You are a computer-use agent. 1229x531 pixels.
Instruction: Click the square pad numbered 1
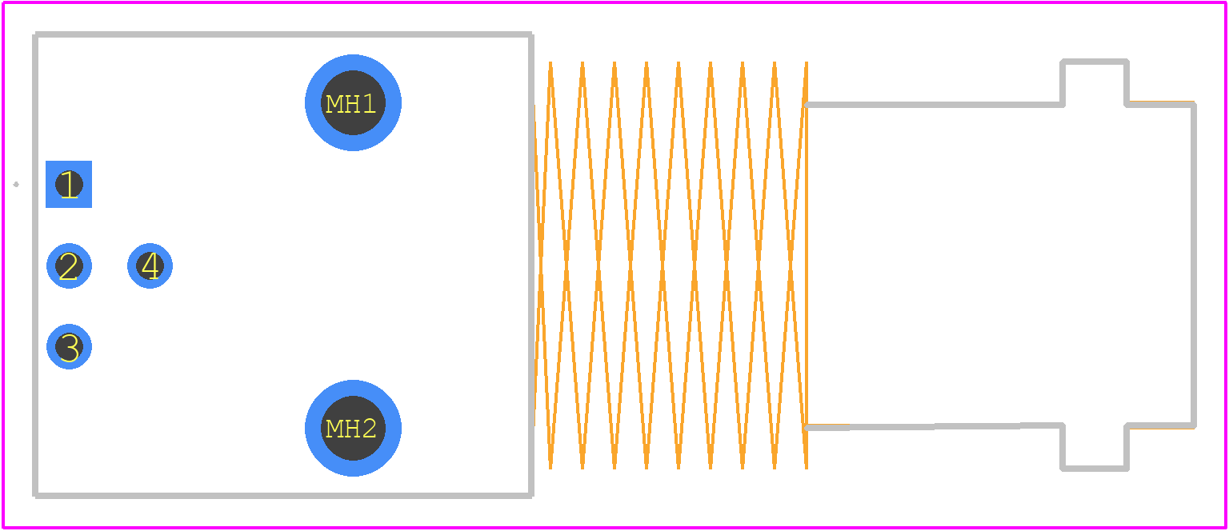click(x=69, y=184)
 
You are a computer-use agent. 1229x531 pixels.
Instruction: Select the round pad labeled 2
click(x=69, y=266)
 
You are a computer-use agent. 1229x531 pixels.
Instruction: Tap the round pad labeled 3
click(x=69, y=347)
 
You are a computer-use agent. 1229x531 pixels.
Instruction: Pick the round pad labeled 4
click(x=150, y=266)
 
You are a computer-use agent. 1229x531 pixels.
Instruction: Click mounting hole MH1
click(x=354, y=102)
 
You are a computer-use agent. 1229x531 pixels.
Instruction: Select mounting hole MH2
click(x=354, y=428)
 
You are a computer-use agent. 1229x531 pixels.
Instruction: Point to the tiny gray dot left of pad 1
click(x=16, y=184)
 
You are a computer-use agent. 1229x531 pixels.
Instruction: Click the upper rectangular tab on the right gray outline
click(x=1095, y=62)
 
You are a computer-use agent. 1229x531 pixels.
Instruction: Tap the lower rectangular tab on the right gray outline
click(x=1095, y=469)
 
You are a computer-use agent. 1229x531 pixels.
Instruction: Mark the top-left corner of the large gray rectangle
click(x=35, y=34)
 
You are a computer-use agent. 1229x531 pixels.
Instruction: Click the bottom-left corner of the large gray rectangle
click(x=35, y=496)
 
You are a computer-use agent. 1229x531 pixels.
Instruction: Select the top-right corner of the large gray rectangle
click(x=531, y=34)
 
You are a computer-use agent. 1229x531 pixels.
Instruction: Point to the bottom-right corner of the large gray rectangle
click(x=531, y=496)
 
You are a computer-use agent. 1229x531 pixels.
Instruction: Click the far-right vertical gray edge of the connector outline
click(x=1194, y=265)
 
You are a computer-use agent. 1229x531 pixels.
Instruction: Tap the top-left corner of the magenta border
click(x=2, y=2)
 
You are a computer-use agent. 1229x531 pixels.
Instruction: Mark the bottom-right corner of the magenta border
click(x=1227, y=528)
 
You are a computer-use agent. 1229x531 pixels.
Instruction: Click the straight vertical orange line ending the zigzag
click(x=807, y=265)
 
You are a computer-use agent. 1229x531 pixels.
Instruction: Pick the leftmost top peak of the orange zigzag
click(x=550, y=62)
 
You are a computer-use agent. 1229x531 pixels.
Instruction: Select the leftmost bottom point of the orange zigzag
click(x=550, y=469)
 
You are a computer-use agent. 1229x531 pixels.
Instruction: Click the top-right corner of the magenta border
click(x=1227, y=2)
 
